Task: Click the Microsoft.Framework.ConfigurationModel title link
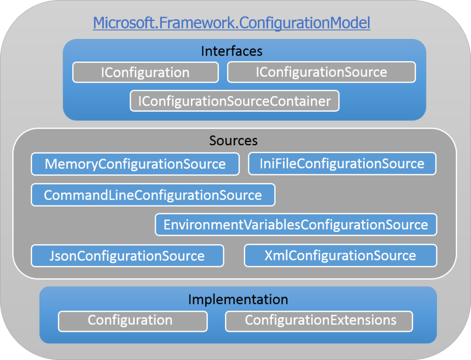pyautogui.click(x=231, y=23)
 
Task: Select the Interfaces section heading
pyautogui.click(x=231, y=51)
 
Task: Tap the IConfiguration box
pyautogui.click(x=145, y=73)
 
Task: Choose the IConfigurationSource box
pyautogui.click(x=321, y=72)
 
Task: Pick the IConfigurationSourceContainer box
pyautogui.click(x=235, y=101)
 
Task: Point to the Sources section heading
pyautogui.click(x=233, y=140)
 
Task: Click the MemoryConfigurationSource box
pyautogui.click(x=135, y=164)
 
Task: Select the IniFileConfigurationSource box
pyautogui.click(x=342, y=164)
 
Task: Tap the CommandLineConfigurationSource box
pyautogui.click(x=153, y=195)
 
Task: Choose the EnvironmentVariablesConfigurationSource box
pyautogui.click(x=296, y=225)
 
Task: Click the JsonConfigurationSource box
pyautogui.click(x=127, y=256)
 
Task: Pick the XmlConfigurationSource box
pyautogui.click(x=340, y=256)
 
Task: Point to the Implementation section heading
pyautogui.click(x=238, y=300)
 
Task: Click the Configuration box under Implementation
pyautogui.click(x=132, y=320)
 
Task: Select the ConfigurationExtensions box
pyautogui.click(x=319, y=320)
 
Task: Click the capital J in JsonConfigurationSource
pyautogui.click(x=52, y=256)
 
